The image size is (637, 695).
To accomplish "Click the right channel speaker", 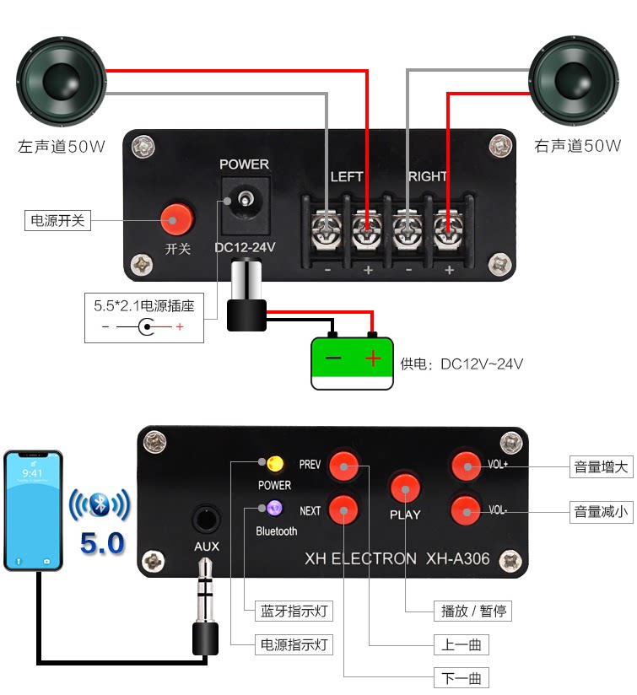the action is coord(574,81).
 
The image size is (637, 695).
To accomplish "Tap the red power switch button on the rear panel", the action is coord(177,219).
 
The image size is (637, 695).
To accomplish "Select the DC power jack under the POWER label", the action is coord(246,206).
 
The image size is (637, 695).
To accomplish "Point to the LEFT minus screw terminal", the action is coord(327,230).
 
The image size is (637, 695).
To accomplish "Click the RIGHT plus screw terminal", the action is coord(449,230).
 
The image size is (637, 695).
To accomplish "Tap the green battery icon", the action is coord(352,364).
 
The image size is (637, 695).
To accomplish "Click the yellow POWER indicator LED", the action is coord(275,464).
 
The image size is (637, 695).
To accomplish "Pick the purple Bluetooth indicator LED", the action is coord(275,508).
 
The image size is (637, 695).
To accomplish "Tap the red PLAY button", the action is coord(405,488).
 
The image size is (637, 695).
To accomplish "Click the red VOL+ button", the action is coord(467,466).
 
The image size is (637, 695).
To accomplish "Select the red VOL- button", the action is coord(466,510).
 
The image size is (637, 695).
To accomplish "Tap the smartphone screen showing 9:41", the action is coord(33,510).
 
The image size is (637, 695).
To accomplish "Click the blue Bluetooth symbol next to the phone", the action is coord(100,504).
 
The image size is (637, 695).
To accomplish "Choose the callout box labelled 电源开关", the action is coord(57,220).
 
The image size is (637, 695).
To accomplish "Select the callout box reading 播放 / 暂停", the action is coord(472,611).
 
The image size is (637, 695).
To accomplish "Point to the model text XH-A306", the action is coord(457,559).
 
